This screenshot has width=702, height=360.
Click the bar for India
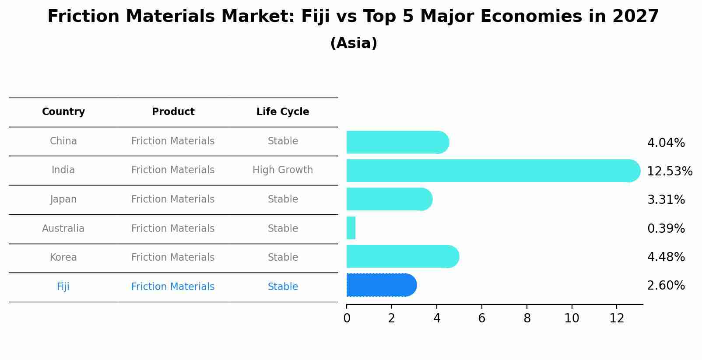click(492, 171)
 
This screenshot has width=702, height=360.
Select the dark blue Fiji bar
click(381, 285)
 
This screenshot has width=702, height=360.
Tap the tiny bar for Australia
click(351, 228)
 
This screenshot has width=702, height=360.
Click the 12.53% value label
click(669, 171)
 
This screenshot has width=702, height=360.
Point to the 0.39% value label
click(666, 228)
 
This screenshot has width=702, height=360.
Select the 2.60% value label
click(666, 286)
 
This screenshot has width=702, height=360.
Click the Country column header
click(63, 112)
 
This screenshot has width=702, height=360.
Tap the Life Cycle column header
click(283, 112)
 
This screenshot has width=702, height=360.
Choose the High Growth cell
click(283, 170)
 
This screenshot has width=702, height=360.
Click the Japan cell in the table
click(63, 199)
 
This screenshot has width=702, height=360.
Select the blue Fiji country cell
click(63, 287)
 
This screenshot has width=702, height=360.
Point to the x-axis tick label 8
click(527, 318)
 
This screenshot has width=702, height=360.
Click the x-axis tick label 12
click(617, 318)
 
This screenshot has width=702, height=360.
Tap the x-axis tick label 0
click(347, 318)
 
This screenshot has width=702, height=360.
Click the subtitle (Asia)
click(354, 43)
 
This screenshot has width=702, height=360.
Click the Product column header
click(173, 112)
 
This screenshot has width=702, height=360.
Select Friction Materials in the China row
click(173, 141)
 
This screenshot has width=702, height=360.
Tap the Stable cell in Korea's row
click(283, 258)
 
